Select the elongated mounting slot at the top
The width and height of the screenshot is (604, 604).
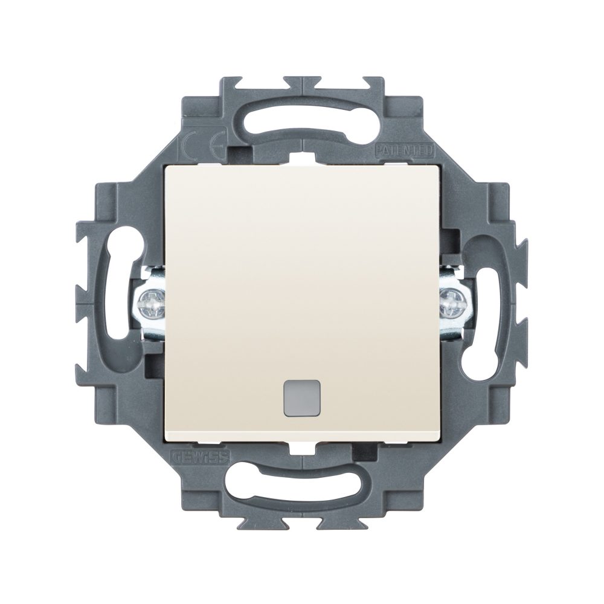[302, 120]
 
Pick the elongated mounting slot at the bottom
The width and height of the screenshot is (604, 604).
[302, 484]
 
